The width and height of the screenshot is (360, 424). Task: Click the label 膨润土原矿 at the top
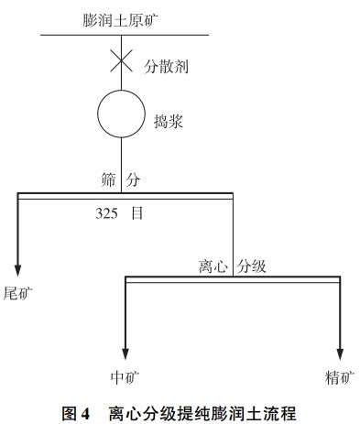click(124, 16)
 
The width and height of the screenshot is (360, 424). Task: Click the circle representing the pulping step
click(122, 112)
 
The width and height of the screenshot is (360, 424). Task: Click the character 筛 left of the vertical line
click(107, 179)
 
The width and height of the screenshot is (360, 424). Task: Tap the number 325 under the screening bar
click(108, 212)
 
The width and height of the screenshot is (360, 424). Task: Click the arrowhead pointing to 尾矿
click(18, 266)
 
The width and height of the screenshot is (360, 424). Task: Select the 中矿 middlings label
click(124, 375)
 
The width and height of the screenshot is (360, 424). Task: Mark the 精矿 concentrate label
click(340, 375)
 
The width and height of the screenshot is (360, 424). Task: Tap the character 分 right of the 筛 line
click(134, 179)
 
